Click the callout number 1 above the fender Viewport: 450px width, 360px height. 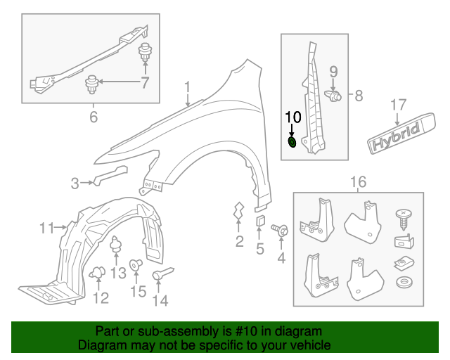click(188, 87)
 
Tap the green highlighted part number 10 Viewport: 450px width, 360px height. click(292, 143)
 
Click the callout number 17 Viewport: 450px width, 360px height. click(399, 105)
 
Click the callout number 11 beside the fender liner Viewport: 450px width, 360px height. click(47, 228)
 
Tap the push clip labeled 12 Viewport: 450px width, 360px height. click(98, 272)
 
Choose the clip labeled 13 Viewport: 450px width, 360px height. click(117, 247)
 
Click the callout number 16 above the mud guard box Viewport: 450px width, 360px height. click(358, 183)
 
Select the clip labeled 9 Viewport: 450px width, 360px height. click(335, 94)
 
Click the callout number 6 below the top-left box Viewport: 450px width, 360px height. click(94, 117)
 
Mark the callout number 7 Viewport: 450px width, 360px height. click(146, 84)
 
